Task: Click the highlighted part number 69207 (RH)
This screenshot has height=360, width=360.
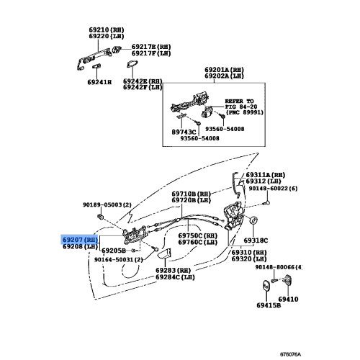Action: pyautogui.click(x=80, y=240)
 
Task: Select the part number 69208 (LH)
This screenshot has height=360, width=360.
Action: pyautogui.click(x=80, y=246)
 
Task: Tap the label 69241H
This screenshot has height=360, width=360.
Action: pyautogui.click(x=99, y=82)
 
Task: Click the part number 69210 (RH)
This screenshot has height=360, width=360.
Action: pyautogui.click(x=107, y=30)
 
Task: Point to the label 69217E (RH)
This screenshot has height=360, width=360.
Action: pyautogui.click(x=151, y=47)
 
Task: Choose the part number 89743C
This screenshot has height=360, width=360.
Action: pyautogui.click(x=184, y=132)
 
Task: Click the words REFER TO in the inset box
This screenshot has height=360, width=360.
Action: pyautogui.click(x=239, y=101)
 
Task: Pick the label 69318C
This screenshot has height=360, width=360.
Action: pyautogui.click(x=256, y=240)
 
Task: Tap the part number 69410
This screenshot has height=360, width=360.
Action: pyautogui.click(x=288, y=299)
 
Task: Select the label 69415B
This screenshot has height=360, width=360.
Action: pyautogui.click(x=269, y=305)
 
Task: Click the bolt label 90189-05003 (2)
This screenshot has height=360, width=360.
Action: pyautogui.click(x=107, y=204)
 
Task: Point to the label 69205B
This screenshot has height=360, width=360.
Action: pyautogui.click(x=114, y=251)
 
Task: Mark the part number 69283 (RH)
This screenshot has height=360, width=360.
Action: pyautogui.click(x=173, y=270)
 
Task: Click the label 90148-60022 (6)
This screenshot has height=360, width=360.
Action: pyautogui.click(x=273, y=189)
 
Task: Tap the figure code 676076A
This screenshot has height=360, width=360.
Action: pyautogui.click(x=290, y=354)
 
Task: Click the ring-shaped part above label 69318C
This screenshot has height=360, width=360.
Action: pyautogui.click(x=253, y=220)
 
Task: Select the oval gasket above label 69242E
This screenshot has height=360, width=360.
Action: pyautogui.click(x=132, y=64)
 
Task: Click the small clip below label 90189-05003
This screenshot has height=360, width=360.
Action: pyautogui.click(x=100, y=217)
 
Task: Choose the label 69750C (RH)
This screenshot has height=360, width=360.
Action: pyautogui.click(x=198, y=235)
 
